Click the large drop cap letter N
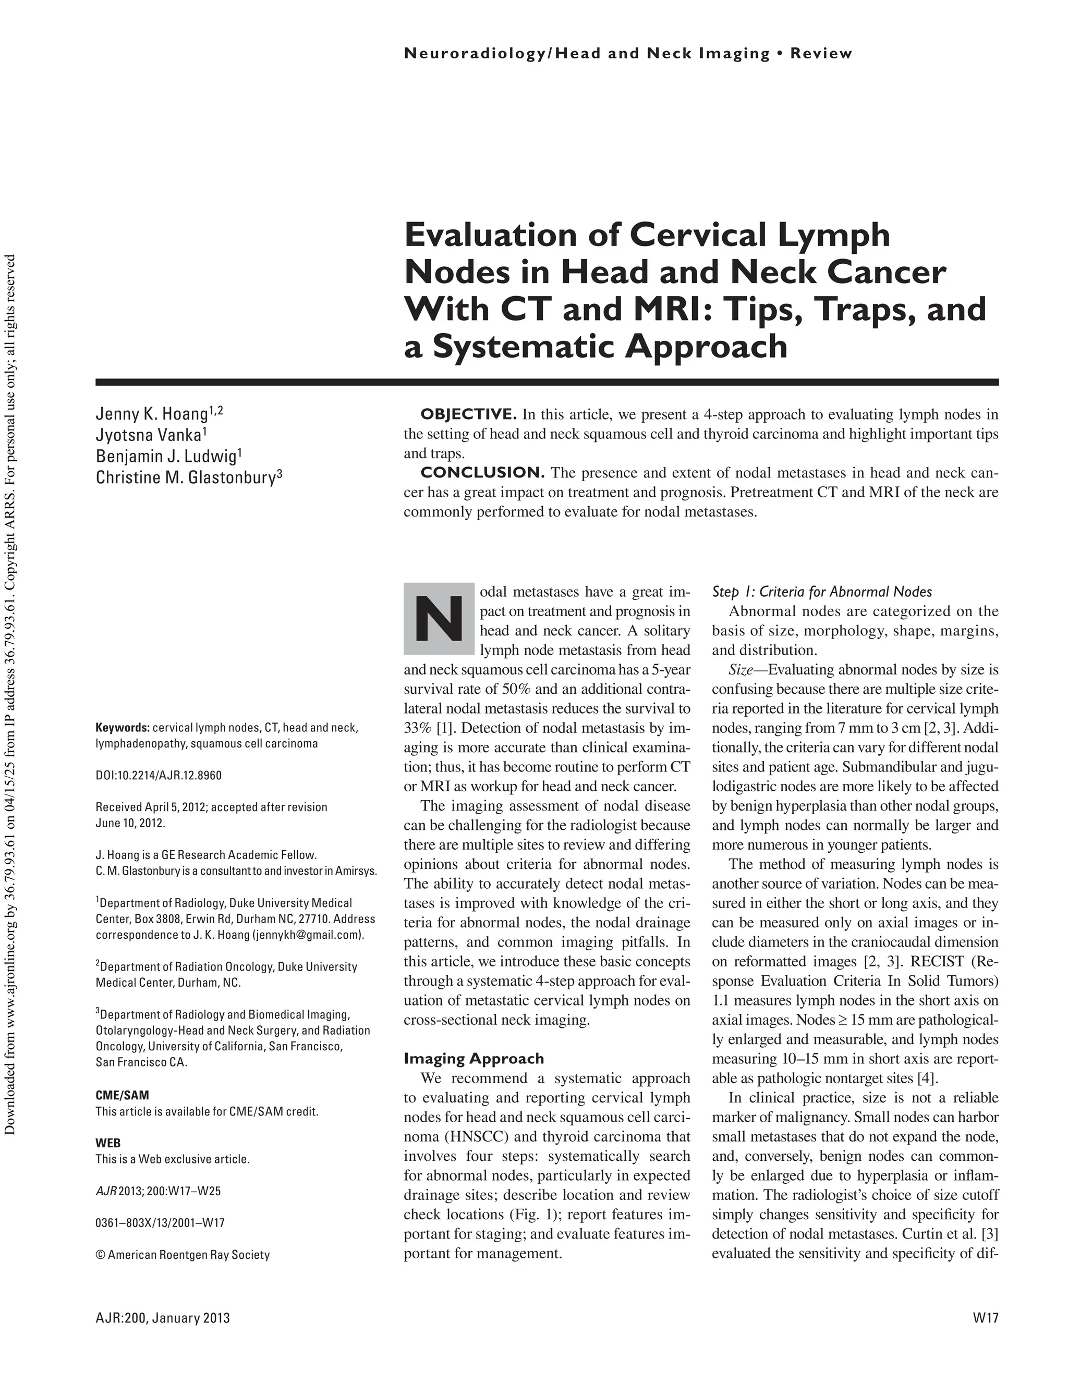pyautogui.click(x=438, y=618)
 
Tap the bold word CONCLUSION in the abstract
pyautogui.click(x=482, y=473)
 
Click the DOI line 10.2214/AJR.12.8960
pyautogui.click(x=158, y=776)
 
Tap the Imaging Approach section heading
pyautogui.click(x=474, y=1059)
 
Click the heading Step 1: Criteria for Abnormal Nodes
pyautogui.click(x=822, y=592)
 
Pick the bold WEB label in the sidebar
pyautogui.click(x=108, y=1143)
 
